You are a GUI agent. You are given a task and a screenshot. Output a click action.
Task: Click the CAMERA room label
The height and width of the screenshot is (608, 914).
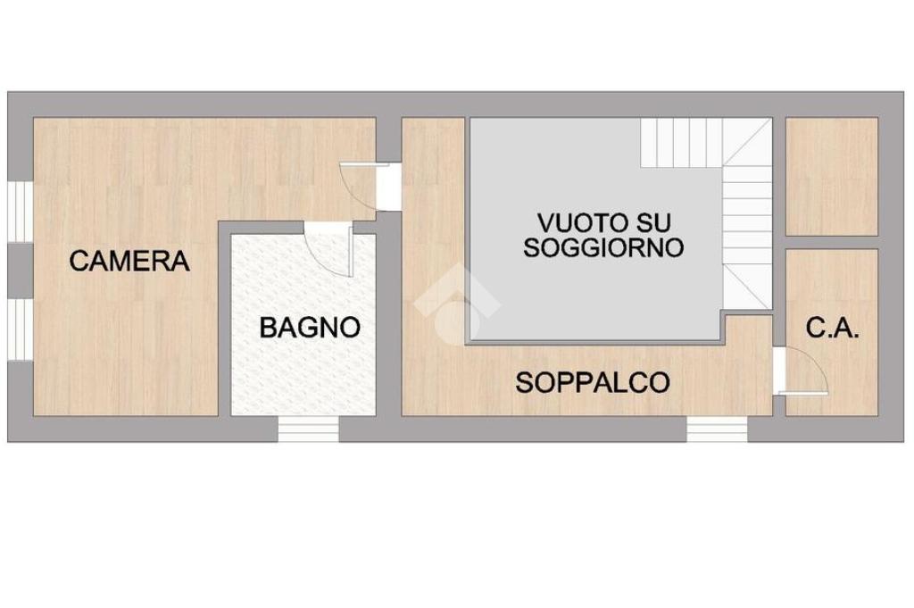pyautogui.click(x=129, y=261)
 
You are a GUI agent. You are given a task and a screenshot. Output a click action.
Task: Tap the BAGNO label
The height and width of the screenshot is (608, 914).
pyautogui.click(x=310, y=328)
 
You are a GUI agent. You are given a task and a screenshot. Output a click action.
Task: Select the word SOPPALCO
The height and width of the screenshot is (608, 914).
pyautogui.click(x=593, y=382)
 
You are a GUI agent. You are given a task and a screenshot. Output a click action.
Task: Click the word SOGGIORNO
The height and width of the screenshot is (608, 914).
pyautogui.click(x=603, y=247)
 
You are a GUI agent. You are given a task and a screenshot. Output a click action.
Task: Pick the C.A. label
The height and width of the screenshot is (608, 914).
pyautogui.click(x=833, y=329)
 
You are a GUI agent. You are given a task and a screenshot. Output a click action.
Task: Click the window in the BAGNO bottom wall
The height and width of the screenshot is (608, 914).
pyautogui.click(x=308, y=429)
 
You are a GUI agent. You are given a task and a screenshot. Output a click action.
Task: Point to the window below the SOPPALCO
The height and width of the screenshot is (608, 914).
pyautogui.click(x=717, y=429)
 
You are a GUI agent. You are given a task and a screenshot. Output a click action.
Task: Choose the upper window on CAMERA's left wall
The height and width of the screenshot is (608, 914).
pyautogui.click(x=21, y=212)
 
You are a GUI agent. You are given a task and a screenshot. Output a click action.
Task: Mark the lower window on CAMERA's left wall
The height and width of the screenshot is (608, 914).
pyautogui.click(x=21, y=330)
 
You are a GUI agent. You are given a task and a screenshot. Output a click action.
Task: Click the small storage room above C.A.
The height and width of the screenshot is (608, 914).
pyautogui.click(x=832, y=177)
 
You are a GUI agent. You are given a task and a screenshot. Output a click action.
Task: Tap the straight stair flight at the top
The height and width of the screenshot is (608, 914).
pyautogui.click(x=682, y=143)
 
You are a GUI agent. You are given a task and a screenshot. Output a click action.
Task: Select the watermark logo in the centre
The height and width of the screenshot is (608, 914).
pyautogui.click(x=458, y=306)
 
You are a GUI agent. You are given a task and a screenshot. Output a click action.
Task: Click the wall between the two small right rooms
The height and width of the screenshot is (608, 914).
pyautogui.click(x=832, y=243)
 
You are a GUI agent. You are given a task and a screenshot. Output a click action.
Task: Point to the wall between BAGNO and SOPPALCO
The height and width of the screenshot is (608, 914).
pyautogui.click(x=389, y=318)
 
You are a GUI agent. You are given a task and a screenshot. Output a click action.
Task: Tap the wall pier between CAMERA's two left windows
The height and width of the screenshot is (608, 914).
pyautogui.click(x=21, y=271)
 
